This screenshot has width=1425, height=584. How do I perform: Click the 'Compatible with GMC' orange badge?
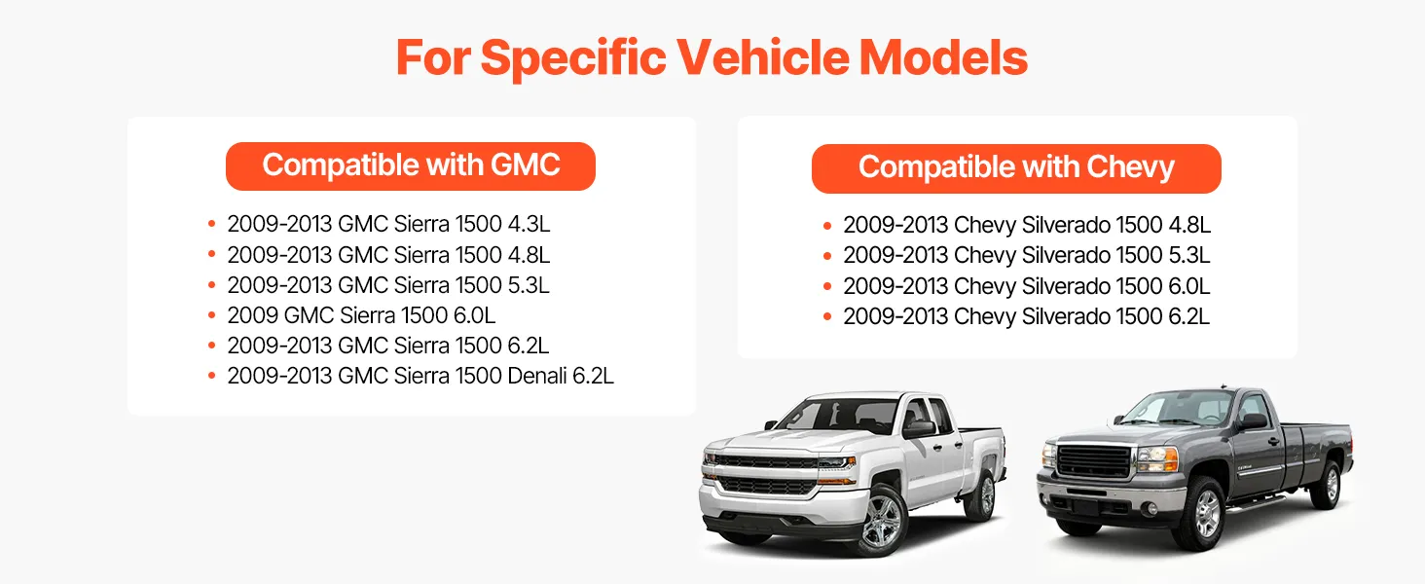tap(411, 166)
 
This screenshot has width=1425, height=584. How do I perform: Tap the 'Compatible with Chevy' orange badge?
tap(1016, 168)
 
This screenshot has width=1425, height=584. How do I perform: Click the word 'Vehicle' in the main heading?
tap(762, 57)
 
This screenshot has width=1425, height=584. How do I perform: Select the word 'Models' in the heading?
tap(943, 57)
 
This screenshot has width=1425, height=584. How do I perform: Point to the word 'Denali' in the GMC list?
tap(537, 376)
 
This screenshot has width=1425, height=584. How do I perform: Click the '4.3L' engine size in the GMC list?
tap(529, 224)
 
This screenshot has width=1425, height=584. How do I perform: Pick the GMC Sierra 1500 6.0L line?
tap(361, 315)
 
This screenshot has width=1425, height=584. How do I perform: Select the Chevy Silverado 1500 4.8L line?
tap(1027, 225)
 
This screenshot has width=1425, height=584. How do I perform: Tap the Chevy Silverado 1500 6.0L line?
tap(1027, 286)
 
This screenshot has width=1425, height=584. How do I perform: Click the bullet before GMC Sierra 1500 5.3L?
tap(212, 285)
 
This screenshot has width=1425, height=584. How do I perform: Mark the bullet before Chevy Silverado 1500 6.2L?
tap(827, 316)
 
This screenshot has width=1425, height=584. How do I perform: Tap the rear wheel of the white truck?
tap(985, 494)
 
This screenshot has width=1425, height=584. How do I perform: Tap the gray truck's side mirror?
tap(1254, 420)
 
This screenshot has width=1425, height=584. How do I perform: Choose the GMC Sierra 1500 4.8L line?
tap(388, 254)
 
